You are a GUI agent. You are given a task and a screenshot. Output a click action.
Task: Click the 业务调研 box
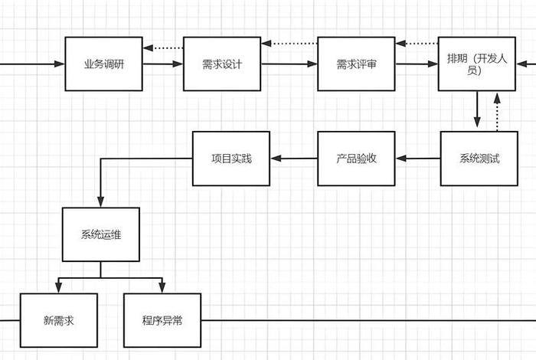103,64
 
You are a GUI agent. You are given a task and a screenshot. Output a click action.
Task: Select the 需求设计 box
222,64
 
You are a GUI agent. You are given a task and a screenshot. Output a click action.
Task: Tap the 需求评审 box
356,64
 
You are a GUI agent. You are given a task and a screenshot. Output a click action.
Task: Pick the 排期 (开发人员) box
476,64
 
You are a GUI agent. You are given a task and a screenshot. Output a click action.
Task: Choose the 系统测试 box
479,159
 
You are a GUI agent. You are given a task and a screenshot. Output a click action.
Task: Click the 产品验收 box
356,159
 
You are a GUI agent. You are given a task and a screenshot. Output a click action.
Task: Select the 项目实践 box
230,159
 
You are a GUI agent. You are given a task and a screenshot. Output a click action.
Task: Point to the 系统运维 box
100,234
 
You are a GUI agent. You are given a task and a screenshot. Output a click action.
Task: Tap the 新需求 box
59,320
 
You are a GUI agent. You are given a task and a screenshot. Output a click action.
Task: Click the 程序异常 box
162,320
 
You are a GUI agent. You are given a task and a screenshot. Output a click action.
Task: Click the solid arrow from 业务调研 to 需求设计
162,64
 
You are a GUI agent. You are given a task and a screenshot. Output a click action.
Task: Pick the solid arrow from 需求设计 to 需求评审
289,64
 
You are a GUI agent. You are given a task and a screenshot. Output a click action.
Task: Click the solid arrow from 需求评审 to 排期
417,64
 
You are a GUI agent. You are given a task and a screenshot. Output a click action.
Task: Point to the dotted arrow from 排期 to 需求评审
417,43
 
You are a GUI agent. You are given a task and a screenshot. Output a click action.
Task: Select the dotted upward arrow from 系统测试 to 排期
497,111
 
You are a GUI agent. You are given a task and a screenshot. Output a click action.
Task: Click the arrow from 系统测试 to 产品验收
417,159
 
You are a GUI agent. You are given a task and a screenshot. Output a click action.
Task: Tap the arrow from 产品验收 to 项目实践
293,159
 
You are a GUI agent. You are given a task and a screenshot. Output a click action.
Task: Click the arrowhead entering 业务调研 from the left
60,64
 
